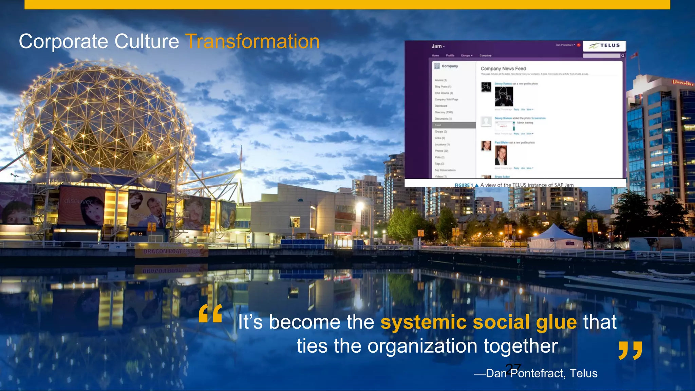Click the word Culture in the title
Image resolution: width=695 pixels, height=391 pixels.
click(x=146, y=42)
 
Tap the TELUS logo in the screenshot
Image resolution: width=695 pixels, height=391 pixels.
click(x=604, y=45)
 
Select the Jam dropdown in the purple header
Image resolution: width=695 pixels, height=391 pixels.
click(x=438, y=46)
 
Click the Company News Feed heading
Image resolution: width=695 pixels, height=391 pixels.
click(x=503, y=69)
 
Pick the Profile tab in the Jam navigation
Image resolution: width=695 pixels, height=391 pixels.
click(x=450, y=55)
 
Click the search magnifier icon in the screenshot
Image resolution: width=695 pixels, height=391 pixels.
click(x=623, y=55)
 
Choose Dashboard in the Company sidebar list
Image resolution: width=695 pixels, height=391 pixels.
click(x=441, y=106)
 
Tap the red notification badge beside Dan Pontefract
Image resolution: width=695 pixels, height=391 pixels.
click(x=579, y=45)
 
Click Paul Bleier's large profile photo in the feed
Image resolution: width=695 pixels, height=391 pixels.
click(x=501, y=155)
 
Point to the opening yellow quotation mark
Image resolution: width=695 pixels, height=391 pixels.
click(x=211, y=313)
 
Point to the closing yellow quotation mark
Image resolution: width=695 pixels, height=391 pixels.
click(x=630, y=351)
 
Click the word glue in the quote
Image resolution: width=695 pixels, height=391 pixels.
click(x=556, y=322)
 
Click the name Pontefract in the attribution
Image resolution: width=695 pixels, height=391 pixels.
click(x=538, y=373)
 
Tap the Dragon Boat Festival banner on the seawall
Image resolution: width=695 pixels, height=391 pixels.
click(x=171, y=251)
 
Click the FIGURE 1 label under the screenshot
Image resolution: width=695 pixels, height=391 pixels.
click(x=464, y=185)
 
